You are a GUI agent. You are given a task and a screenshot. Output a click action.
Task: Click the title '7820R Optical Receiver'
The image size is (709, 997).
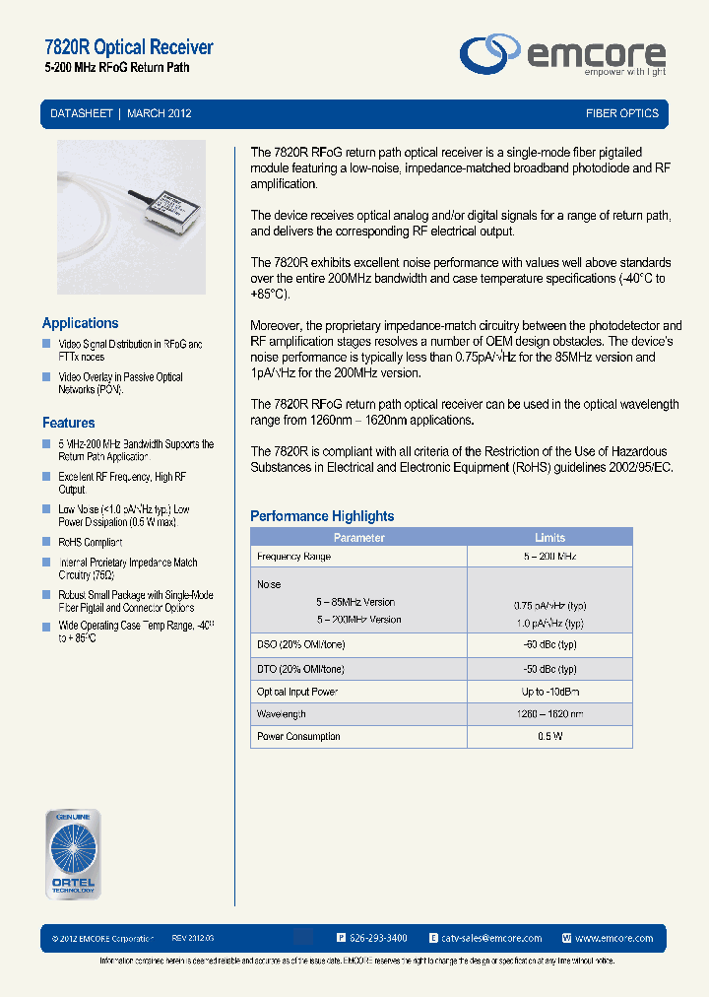coord(129,47)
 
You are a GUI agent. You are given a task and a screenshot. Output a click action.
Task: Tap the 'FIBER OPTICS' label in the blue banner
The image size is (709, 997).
coord(621,113)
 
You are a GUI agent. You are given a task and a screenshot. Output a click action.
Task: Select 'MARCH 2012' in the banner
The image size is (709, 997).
coord(160,113)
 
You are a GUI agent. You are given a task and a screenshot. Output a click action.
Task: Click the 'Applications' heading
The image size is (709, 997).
coord(80,323)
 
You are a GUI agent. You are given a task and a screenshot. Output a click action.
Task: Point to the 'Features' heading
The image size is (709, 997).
coord(69,423)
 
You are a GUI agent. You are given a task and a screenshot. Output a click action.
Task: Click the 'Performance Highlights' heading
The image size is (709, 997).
coord(322,516)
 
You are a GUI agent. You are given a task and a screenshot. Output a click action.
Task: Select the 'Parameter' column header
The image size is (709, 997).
coord(358,538)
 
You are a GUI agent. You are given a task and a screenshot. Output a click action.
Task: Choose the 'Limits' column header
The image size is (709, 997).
coord(549,538)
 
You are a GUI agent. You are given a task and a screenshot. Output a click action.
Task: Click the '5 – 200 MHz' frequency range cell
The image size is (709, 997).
coord(549,557)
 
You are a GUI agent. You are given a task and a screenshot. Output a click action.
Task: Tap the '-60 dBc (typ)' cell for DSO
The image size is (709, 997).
coord(549,644)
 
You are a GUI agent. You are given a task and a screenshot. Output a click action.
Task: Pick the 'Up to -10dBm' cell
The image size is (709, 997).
coord(549,692)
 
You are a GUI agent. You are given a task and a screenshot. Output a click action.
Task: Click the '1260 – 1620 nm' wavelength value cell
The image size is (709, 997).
coord(549,714)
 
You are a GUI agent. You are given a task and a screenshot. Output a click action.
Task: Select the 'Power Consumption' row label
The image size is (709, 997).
coord(298,737)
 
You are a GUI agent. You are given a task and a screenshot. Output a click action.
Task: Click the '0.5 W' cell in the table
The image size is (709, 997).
coord(549,737)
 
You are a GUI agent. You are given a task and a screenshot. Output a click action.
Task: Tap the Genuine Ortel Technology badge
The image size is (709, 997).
coord(73,853)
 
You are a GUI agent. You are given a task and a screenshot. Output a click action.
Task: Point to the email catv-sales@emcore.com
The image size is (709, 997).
coord(491,938)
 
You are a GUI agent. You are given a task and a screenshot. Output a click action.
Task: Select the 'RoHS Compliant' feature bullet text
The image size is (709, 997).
coord(91,543)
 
